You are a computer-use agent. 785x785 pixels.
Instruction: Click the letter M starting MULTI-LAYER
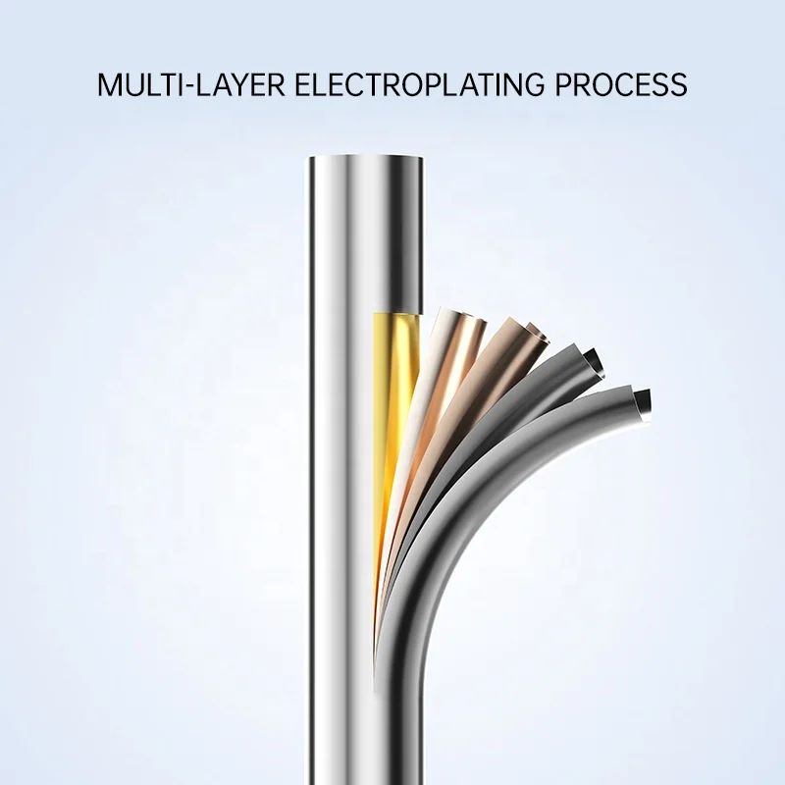coord(109,84)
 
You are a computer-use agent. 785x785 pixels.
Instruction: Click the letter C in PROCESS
coord(620,84)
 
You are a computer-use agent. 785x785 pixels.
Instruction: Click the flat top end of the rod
coord(366,159)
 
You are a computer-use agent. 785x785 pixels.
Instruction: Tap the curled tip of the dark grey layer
coord(591,357)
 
